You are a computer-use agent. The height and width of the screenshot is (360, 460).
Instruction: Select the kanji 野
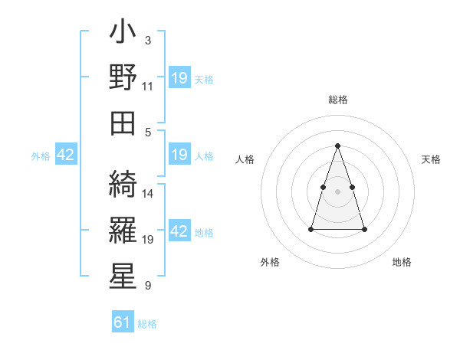[123, 78]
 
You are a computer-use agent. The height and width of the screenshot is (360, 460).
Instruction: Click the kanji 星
[123, 273]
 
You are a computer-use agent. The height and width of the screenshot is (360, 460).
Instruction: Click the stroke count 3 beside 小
[148, 39]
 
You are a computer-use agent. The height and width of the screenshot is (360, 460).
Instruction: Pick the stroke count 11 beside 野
[148, 86]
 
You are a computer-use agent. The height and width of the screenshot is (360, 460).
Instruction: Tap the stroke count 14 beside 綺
[148, 193]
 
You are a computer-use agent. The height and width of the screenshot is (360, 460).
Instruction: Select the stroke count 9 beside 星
[148, 286]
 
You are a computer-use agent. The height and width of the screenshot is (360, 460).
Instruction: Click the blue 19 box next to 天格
[179, 78]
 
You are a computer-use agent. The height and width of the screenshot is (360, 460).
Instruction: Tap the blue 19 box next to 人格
[179, 155]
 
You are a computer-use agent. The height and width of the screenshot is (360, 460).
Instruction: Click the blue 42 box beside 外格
[66, 155]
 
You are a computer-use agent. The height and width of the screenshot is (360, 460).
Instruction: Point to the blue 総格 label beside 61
[147, 324]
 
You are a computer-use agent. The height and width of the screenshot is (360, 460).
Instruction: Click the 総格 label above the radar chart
[338, 100]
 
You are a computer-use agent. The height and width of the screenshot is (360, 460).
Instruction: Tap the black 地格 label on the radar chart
[402, 262]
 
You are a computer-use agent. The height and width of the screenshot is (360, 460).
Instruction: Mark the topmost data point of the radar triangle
[338, 146]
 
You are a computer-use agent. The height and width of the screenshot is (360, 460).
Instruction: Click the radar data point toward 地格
[364, 229]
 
